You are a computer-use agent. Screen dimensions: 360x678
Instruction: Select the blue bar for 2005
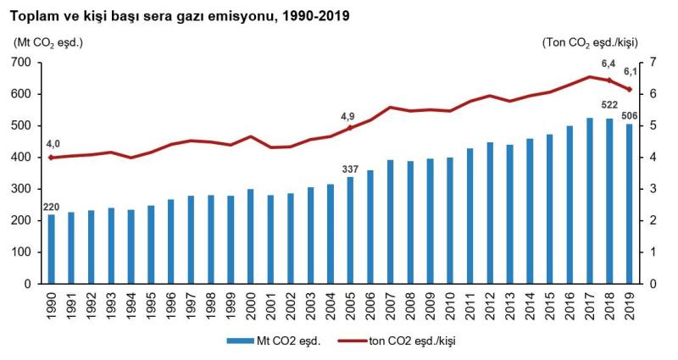click(x=350, y=230)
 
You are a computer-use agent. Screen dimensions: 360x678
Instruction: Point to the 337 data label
click(x=350, y=168)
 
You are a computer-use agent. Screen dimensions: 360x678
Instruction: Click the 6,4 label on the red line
click(x=609, y=64)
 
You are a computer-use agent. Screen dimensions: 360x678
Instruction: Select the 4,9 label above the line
click(x=348, y=116)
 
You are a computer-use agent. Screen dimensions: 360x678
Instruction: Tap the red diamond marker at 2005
click(x=350, y=129)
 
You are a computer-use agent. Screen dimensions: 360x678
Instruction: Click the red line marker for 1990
click(x=52, y=158)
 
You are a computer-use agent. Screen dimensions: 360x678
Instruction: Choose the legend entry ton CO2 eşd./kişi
click(x=406, y=341)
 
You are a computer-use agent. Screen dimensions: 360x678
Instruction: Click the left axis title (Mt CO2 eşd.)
click(x=48, y=41)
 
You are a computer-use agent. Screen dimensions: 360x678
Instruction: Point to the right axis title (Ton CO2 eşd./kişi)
click(x=590, y=41)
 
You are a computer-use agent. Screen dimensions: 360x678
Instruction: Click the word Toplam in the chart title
click(x=33, y=15)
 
